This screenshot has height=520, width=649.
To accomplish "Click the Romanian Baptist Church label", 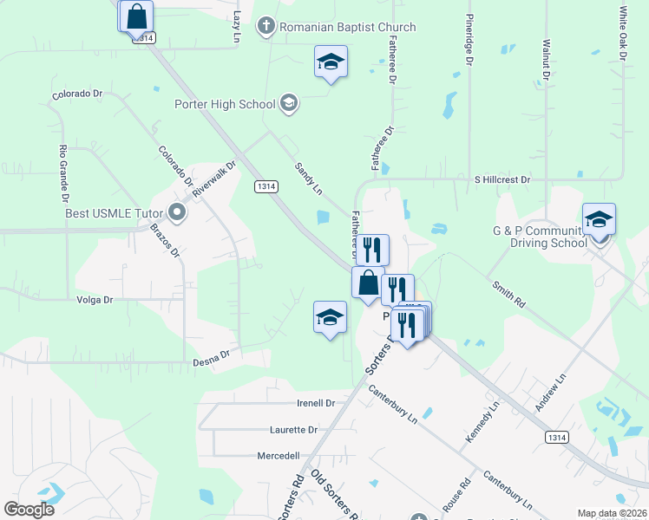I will tap(347, 27).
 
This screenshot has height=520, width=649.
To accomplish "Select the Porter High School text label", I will tap(225, 105).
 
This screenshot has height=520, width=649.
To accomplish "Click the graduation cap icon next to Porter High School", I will tap(289, 105).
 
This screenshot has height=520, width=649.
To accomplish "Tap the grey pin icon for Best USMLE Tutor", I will tap(178, 211).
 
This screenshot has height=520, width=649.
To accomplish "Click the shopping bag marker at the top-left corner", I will tap(136, 16).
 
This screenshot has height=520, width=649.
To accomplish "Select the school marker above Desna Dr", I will tap(330, 317).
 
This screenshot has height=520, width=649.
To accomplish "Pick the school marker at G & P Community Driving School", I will tap(599, 219).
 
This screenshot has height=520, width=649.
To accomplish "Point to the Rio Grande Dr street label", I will tap(62, 168).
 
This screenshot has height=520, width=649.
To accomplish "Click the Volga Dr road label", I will tap(95, 300).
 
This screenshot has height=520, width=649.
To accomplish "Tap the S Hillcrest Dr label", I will tap(501, 179).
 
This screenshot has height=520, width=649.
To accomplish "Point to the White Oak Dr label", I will tap(623, 35).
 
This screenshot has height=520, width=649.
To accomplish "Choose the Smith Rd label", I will tap(509, 296).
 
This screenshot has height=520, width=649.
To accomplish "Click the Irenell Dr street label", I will tap(316, 403).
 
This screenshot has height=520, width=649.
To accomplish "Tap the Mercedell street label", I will tap(279, 455).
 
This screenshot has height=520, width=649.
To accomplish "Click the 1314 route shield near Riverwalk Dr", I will tap(266, 186).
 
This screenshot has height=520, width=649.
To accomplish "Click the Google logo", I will tap(29, 510).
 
